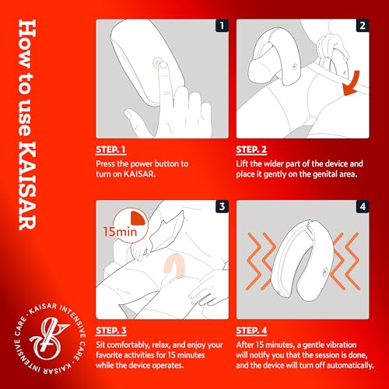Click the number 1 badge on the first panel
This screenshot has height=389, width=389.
(222, 26)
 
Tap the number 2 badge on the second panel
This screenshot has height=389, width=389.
(363, 26)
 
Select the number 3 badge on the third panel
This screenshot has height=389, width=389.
(222, 207)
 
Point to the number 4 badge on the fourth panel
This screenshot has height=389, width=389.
(363, 207)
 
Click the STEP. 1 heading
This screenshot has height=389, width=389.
(110, 149)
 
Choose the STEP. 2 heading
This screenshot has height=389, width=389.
(251, 149)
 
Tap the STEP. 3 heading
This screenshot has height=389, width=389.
(111, 331)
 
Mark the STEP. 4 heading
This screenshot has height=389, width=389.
(251, 331)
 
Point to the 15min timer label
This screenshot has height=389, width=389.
(120, 232)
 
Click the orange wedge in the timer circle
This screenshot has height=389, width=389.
(138, 218)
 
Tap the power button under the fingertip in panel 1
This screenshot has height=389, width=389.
(156, 62)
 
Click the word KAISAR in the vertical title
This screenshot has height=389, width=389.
(27, 186)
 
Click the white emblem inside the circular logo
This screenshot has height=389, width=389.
(49, 338)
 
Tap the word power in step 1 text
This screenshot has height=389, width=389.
(142, 164)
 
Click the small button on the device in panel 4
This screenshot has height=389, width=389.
(325, 272)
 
